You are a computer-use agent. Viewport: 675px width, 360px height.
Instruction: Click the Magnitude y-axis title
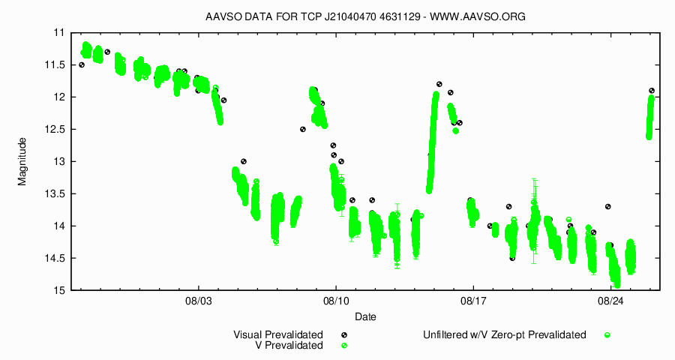point(22,161)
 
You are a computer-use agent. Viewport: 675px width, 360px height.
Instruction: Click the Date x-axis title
point(366,316)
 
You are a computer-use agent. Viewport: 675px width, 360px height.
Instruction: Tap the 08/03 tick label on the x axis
point(198,301)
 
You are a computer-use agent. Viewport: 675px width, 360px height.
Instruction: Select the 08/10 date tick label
point(335,301)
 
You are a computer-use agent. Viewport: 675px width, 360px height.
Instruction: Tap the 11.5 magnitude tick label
point(54,65)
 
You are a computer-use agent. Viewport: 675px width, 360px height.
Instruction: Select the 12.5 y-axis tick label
point(54,130)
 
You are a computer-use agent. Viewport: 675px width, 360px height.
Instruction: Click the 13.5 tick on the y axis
point(54,194)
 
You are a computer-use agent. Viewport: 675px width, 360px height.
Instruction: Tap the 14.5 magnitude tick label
point(54,259)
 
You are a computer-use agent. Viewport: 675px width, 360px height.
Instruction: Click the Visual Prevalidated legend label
point(278,334)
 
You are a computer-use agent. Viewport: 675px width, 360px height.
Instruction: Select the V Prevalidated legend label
point(289,346)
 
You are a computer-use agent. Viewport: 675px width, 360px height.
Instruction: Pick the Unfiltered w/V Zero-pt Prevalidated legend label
point(503,334)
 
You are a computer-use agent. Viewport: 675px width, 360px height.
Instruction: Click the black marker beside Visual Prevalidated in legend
point(344,334)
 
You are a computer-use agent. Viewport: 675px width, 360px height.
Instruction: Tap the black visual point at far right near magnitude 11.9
point(652,91)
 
